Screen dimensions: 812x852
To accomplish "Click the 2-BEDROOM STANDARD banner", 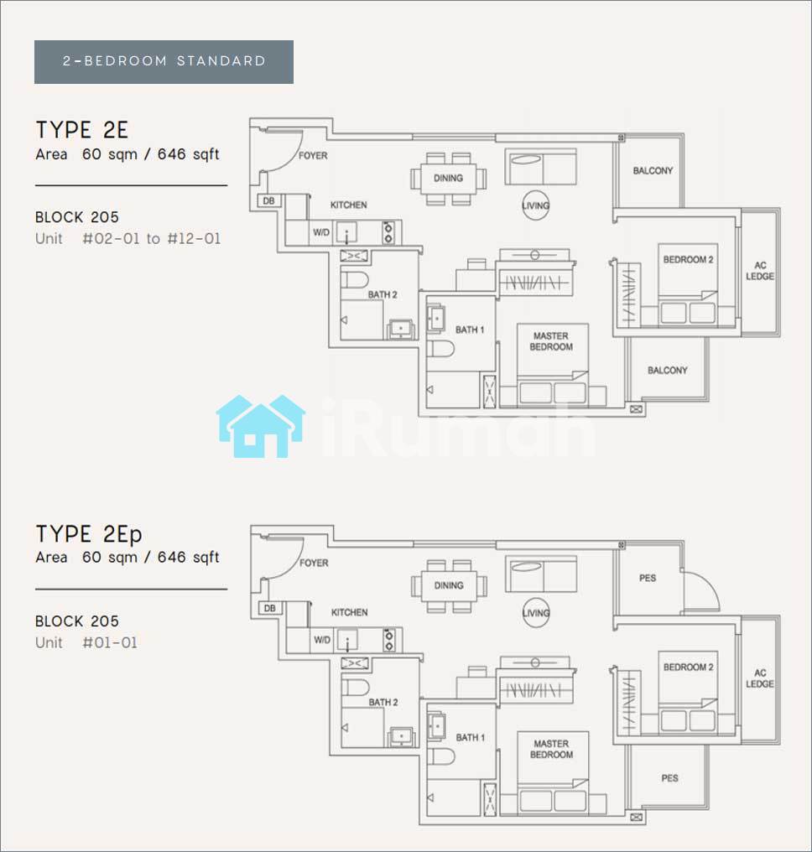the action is (x=164, y=62).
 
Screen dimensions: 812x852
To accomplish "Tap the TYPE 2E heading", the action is (x=82, y=131).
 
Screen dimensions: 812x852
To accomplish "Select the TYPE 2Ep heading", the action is (x=89, y=534).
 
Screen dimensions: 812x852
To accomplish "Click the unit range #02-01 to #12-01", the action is (x=152, y=238).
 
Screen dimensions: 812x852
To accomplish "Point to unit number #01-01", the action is (x=110, y=643).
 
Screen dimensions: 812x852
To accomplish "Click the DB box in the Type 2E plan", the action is (x=268, y=201).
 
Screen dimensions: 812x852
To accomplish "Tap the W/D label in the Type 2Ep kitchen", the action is (x=322, y=640).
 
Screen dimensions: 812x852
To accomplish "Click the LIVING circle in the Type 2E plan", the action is (x=536, y=205).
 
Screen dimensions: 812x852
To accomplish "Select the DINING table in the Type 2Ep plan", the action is (x=449, y=585).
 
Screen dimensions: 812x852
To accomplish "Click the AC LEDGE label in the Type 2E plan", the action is (x=760, y=271).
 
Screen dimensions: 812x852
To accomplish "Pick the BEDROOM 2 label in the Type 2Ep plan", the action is (x=688, y=668).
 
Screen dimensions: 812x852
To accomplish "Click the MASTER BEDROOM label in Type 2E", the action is (x=551, y=341).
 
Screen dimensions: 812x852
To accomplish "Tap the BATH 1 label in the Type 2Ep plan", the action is (x=470, y=737).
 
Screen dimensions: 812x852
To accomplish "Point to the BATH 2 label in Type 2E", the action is (x=383, y=294).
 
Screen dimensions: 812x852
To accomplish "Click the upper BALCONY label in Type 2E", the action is (x=653, y=170).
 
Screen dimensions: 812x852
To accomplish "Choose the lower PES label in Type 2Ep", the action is (x=669, y=778).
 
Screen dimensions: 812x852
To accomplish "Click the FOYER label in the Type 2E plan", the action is (x=313, y=155).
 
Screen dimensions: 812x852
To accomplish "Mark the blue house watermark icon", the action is (x=260, y=426).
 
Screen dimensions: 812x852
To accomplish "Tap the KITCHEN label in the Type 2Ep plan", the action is (x=350, y=612).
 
